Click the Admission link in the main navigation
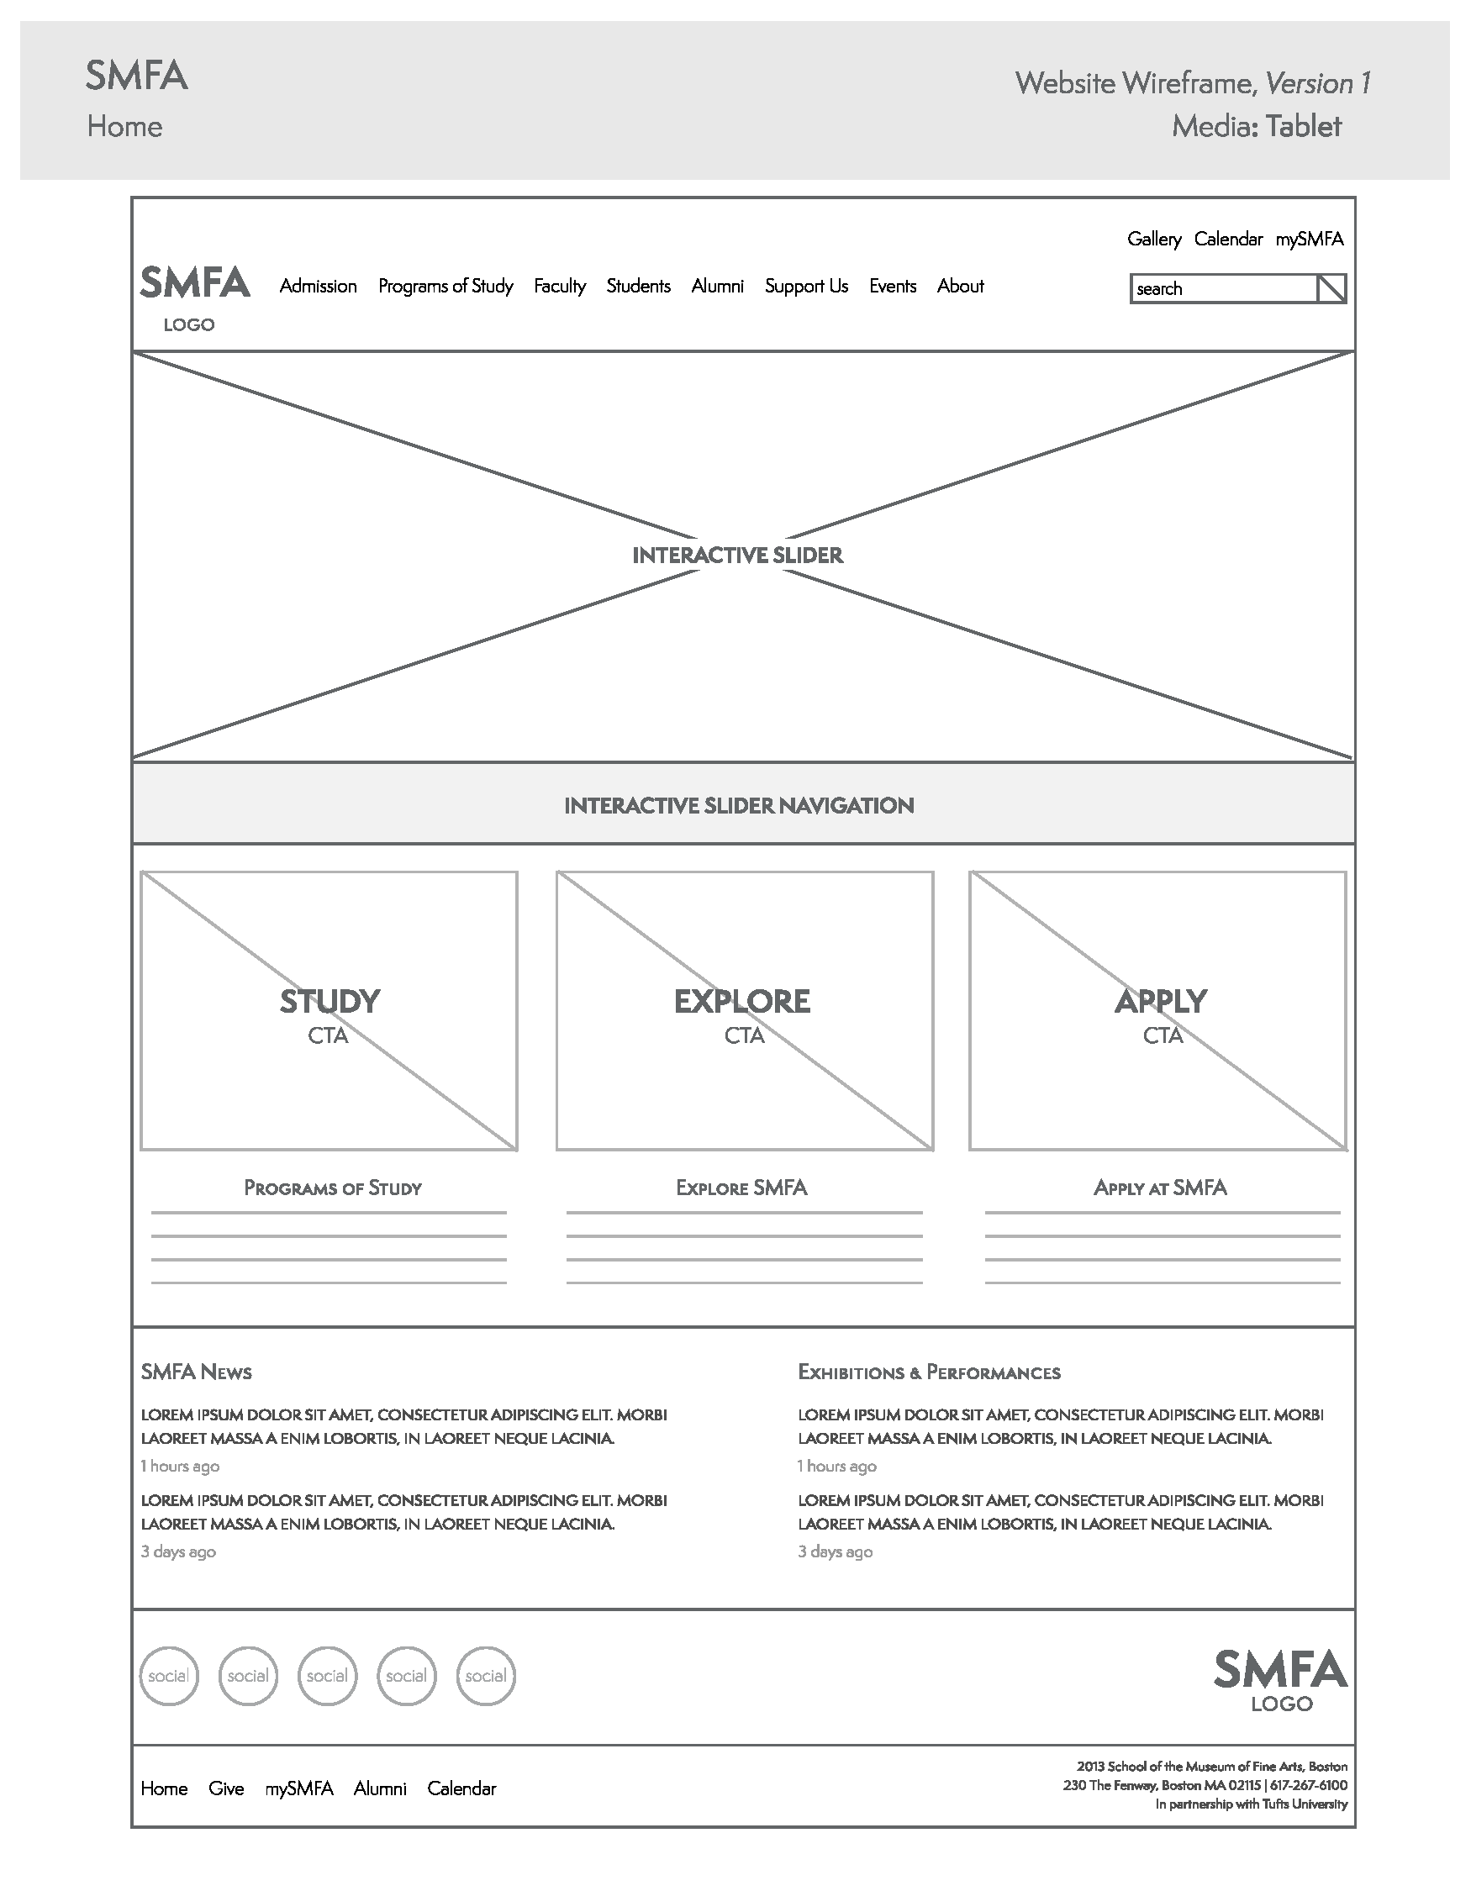[x=318, y=287]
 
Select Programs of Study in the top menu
[x=445, y=287]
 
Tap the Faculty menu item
[x=559, y=287]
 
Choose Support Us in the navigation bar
[x=806, y=287]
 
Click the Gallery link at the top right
[x=1153, y=239]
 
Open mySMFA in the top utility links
[x=1309, y=239]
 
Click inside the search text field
[x=1221, y=289]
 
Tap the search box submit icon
[x=1331, y=289]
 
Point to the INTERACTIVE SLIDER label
[x=737, y=556]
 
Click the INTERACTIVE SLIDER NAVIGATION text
[x=739, y=806]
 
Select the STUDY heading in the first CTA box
[x=329, y=1002]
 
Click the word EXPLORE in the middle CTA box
[x=742, y=1002]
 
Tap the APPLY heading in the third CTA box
[x=1159, y=1002]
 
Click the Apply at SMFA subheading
[x=1159, y=1188]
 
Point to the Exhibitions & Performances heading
[x=928, y=1372]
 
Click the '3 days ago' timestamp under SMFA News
[x=178, y=1551]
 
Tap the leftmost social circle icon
[x=169, y=1677]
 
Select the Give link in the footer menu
[x=226, y=1788]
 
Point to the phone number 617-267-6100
[x=1308, y=1785]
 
